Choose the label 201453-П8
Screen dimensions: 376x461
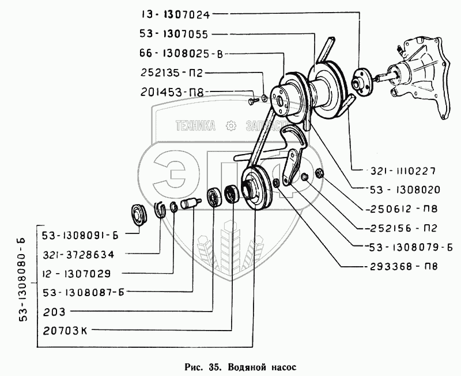(172, 91)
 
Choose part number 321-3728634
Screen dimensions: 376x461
(78, 254)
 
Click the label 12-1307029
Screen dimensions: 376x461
(78, 273)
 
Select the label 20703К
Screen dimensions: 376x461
(69, 331)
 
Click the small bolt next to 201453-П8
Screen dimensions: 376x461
(252, 101)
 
